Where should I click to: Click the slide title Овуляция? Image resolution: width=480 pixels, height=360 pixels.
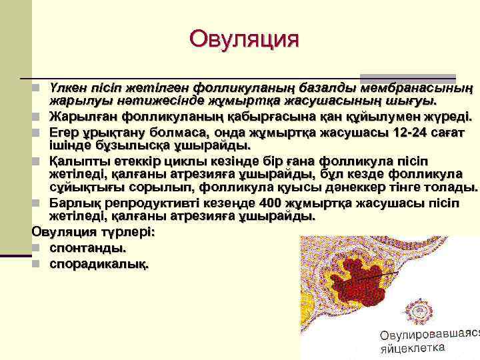tap(243, 38)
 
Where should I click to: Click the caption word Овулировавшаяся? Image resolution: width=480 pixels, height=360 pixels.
tap(429, 333)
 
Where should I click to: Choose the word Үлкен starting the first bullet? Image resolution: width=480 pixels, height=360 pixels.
tap(68, 87)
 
